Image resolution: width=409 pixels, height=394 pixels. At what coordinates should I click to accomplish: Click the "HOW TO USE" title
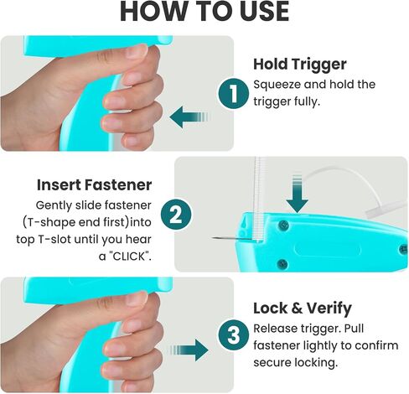(x=204, y=12)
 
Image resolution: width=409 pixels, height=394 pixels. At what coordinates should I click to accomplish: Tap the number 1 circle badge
(x=233, y=94)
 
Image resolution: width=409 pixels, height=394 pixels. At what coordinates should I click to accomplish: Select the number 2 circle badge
(x=176, y=215)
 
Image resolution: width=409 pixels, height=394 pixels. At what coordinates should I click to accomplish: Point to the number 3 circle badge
(x=233, y=334)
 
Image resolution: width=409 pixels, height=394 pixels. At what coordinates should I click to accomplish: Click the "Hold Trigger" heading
(x=300, y=65)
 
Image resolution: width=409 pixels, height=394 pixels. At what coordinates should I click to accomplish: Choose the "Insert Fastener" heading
(x=94, y=184)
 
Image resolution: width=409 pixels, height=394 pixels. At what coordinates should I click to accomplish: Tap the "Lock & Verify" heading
(x=303, y=308)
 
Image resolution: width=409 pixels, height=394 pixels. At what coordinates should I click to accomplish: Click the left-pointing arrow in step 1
(x=189, y=117)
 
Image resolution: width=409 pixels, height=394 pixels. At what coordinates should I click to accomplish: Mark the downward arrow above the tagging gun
(x=298, y=194)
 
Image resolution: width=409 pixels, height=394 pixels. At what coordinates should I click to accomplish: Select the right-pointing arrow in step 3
(x=189, y=350)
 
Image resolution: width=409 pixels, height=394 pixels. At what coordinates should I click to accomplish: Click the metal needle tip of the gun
(x=212, y=237)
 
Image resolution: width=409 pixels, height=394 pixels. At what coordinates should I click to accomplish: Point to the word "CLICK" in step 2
(x=129, y=257)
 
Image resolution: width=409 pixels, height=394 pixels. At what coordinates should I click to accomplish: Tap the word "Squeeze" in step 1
(x=277, y=85)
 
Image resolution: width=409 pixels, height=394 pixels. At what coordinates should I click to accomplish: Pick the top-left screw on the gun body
(x=283, y=224)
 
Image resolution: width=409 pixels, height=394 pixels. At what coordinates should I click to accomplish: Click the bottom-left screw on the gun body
(x=282, y=263)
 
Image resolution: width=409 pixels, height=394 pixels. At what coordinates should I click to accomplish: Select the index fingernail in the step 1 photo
(x=137, y=52)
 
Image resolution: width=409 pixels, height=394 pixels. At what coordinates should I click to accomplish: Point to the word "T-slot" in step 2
(x=54, y=240)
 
